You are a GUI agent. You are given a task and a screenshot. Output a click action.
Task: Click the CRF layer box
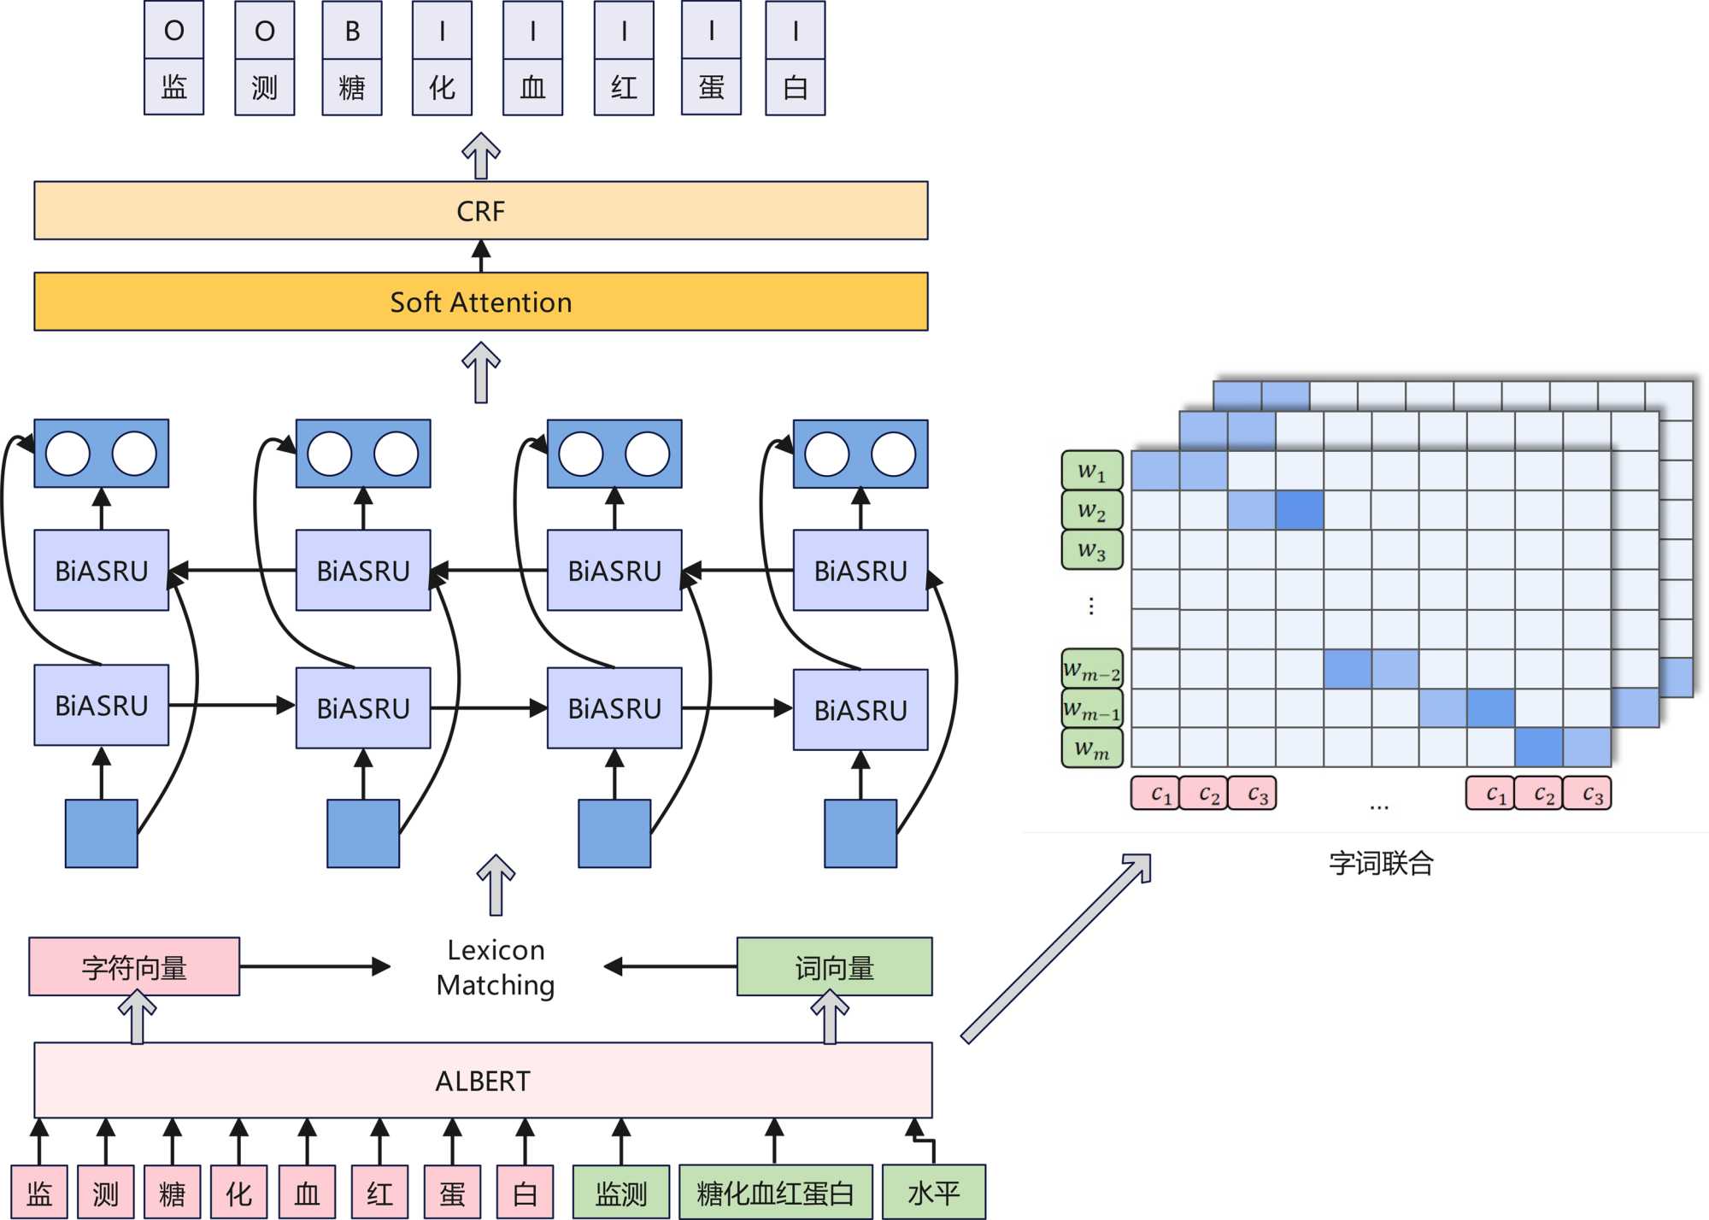click(480, 210)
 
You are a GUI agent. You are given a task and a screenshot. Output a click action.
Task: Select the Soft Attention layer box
click(480, 302)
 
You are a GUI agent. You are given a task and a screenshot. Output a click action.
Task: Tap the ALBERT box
click(483, 1081)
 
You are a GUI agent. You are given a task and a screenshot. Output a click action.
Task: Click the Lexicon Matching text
click(496, 967)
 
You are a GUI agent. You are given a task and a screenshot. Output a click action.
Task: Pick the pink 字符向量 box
click(134, 967)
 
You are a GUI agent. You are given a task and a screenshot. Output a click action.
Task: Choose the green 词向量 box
click(834, 967)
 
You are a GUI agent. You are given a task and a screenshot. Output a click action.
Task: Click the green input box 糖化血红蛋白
click(775, 1192)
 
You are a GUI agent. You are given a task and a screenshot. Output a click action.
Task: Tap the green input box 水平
click(933, 1192)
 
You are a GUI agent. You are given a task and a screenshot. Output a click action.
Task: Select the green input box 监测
click(621, 1192)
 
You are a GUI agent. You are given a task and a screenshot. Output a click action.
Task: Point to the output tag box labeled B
click(352, 31)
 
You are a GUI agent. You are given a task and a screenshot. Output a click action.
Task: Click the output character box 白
click(795, 87)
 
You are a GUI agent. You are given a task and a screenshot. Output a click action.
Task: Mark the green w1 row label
click(1091, 471)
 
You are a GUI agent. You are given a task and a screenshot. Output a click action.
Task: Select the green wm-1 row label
click(1091, 708)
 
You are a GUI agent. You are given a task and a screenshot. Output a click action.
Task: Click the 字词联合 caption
click(1381, 863)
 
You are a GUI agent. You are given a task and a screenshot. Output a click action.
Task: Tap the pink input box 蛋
click(452, 1192)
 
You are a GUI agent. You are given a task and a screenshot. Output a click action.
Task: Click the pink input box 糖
click(172, 1192)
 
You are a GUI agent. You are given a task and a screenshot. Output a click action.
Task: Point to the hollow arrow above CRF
click(481, 155)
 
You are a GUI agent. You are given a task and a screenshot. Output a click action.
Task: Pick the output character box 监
click(173, 87)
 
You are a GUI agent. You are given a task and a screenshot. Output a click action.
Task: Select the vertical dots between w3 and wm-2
click(1091, 606)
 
